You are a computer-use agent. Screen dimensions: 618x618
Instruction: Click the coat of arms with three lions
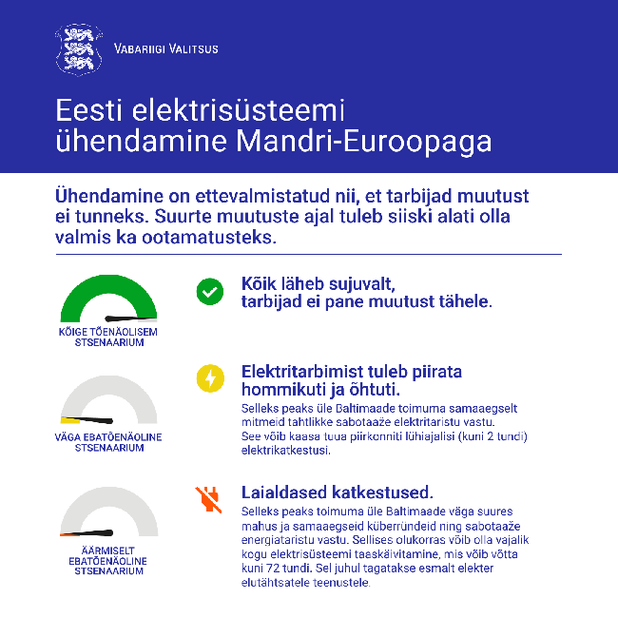tap(78, 48)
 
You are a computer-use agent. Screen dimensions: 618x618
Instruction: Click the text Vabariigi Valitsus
tap(165, 49)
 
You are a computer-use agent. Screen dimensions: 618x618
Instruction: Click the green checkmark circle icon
tap(209, 291)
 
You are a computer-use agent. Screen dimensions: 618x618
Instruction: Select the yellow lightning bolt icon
tap(209, 378)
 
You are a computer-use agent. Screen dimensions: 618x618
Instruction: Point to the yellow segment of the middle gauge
tap(68, 419)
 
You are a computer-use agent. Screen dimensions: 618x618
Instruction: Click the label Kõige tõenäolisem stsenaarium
tap(108, 338)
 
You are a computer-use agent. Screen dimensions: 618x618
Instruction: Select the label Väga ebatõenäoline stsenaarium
tap(108, 442)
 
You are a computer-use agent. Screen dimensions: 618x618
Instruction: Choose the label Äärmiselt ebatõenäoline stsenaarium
tap(108, 561)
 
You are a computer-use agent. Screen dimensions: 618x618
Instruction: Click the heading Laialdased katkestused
tap(338, 492)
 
